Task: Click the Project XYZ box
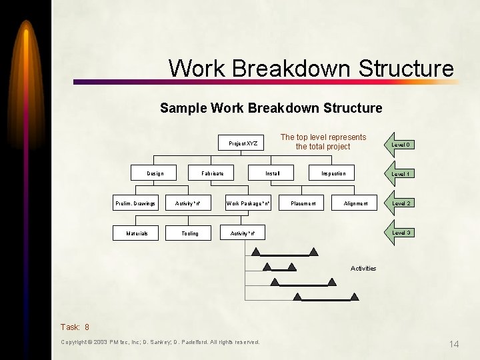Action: pos(243,143)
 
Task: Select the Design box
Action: pos(155,173)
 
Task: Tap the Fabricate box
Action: pos(213,173)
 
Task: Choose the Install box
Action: pos(273,173)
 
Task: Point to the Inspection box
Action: pos(333,173)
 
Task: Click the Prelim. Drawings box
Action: pos(135,203)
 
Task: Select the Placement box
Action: pos(303,203)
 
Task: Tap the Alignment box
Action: pos(355,203)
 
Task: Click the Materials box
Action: pos(137,233)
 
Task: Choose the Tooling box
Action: pos(190,233)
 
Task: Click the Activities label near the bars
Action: pos(363,269)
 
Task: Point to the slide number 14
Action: pos(454,344)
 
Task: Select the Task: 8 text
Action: pos(75,327)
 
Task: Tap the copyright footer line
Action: pos(160,342)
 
